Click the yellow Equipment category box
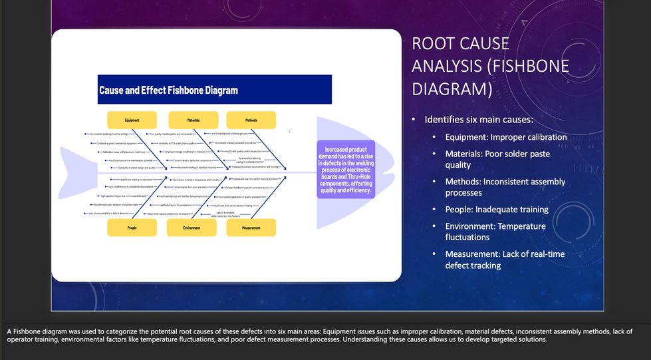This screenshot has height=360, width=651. point(132,120)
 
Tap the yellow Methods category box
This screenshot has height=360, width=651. point(251,120)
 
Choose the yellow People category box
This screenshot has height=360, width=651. point(132,228)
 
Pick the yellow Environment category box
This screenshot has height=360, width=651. point(192,228)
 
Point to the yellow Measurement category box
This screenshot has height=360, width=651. point(251,228)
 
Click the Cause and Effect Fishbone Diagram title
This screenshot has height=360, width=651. point(168,90)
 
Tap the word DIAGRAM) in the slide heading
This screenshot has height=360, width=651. point(452,89)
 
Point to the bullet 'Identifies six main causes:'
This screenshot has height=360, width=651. point(479,120)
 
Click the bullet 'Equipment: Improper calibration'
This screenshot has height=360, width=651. point(505,137)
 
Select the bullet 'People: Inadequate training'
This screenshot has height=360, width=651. point(497,210)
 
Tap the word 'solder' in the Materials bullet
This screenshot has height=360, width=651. point(529,154)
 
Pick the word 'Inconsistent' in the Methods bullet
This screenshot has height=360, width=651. point(510,182)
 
